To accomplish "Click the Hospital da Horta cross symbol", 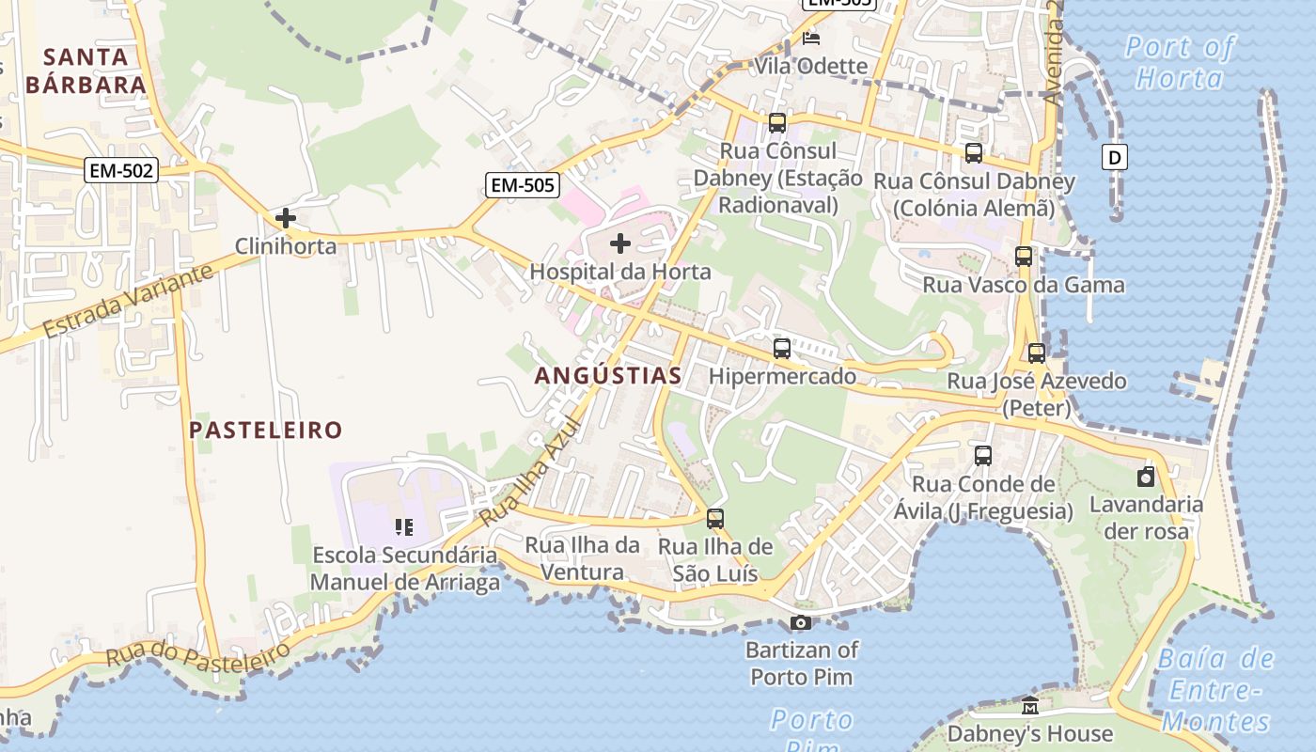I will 620,244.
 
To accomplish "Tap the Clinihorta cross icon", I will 286,219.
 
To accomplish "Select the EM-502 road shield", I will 121,170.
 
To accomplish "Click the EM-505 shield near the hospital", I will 523,185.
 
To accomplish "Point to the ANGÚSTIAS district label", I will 608,376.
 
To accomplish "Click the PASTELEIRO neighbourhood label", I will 266,431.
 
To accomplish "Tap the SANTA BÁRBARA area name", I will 86,70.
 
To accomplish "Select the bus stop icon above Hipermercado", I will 782,349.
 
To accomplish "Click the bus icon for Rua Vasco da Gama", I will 1024,256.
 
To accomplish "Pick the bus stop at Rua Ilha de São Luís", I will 715,519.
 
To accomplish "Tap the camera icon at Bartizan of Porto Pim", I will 801,622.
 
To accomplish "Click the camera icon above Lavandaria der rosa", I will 1146,478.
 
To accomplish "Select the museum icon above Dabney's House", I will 1030,706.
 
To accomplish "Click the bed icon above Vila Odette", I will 811,39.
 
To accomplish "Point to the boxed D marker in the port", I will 1115,157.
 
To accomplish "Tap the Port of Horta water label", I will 1180,62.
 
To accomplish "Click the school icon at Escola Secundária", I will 404,527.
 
